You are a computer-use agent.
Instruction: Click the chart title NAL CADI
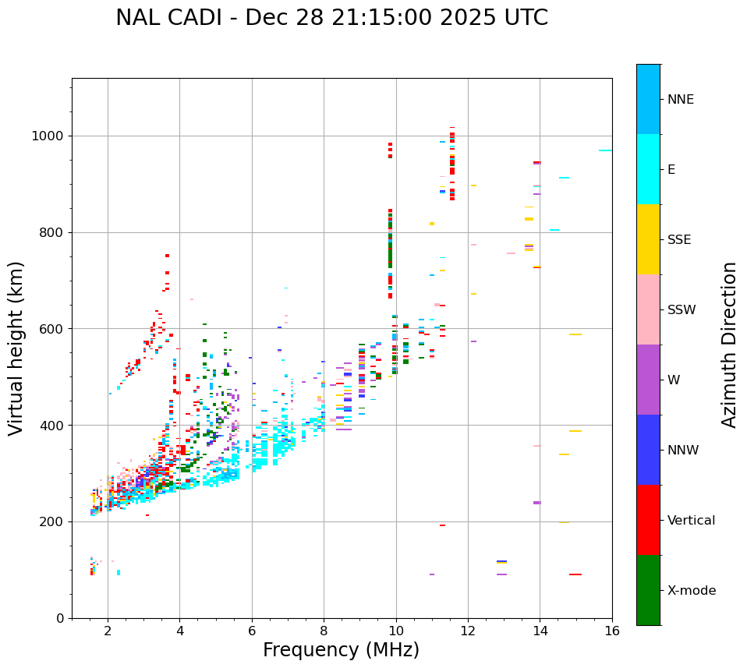(331, 18)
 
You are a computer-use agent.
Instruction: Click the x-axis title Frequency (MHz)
(341, 650)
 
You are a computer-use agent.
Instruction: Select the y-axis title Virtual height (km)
(16, 348)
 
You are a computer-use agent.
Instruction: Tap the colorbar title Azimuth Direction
(729, 345)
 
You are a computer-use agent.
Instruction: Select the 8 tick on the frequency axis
(324, 630)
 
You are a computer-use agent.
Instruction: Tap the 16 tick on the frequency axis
(612, 630)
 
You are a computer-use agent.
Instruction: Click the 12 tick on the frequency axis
(468, 630)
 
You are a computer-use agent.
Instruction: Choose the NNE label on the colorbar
(680, 100)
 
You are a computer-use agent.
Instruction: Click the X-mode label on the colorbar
(691, 591)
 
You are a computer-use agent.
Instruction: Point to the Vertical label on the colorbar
(691, 521)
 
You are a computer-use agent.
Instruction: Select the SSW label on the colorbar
(682, 310)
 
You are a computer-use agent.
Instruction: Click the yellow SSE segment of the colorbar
(648, 239)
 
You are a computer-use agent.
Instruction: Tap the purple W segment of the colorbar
(648, 380)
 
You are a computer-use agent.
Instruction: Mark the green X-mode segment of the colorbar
(648, 590)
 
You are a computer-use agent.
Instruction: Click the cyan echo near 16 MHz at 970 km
(605, 150)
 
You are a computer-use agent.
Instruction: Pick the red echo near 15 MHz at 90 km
(575, 574)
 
